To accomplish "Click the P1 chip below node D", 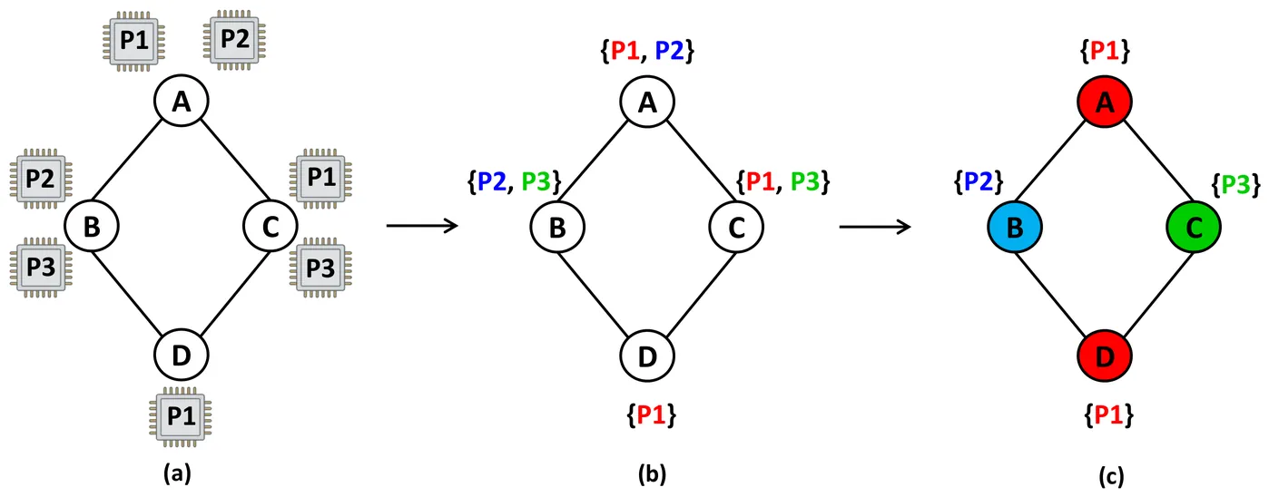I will [x=182, y=416].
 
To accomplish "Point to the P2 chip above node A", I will [x=236, y=38].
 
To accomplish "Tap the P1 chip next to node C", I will [x=320, y=179].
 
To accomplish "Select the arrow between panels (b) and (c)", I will [x=873, y=226].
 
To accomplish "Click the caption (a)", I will [x=176, y=473].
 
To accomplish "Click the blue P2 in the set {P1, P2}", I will [x=670, y=52].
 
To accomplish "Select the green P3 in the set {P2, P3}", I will [x=536, y=180].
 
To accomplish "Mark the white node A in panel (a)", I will [x=182, y=102].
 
